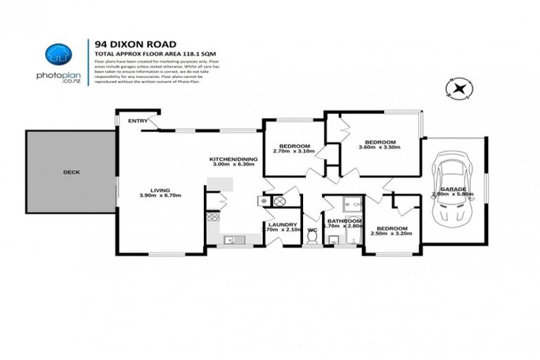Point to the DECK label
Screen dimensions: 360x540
tap(71, 172)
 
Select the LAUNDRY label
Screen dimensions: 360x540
tap(280, 224)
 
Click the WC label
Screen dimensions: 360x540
tap(313, 230)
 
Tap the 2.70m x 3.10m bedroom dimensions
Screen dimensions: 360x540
tap(291, 150)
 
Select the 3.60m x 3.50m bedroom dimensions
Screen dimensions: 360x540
tap(378, 148)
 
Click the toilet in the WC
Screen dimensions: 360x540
tap(313, 239)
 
